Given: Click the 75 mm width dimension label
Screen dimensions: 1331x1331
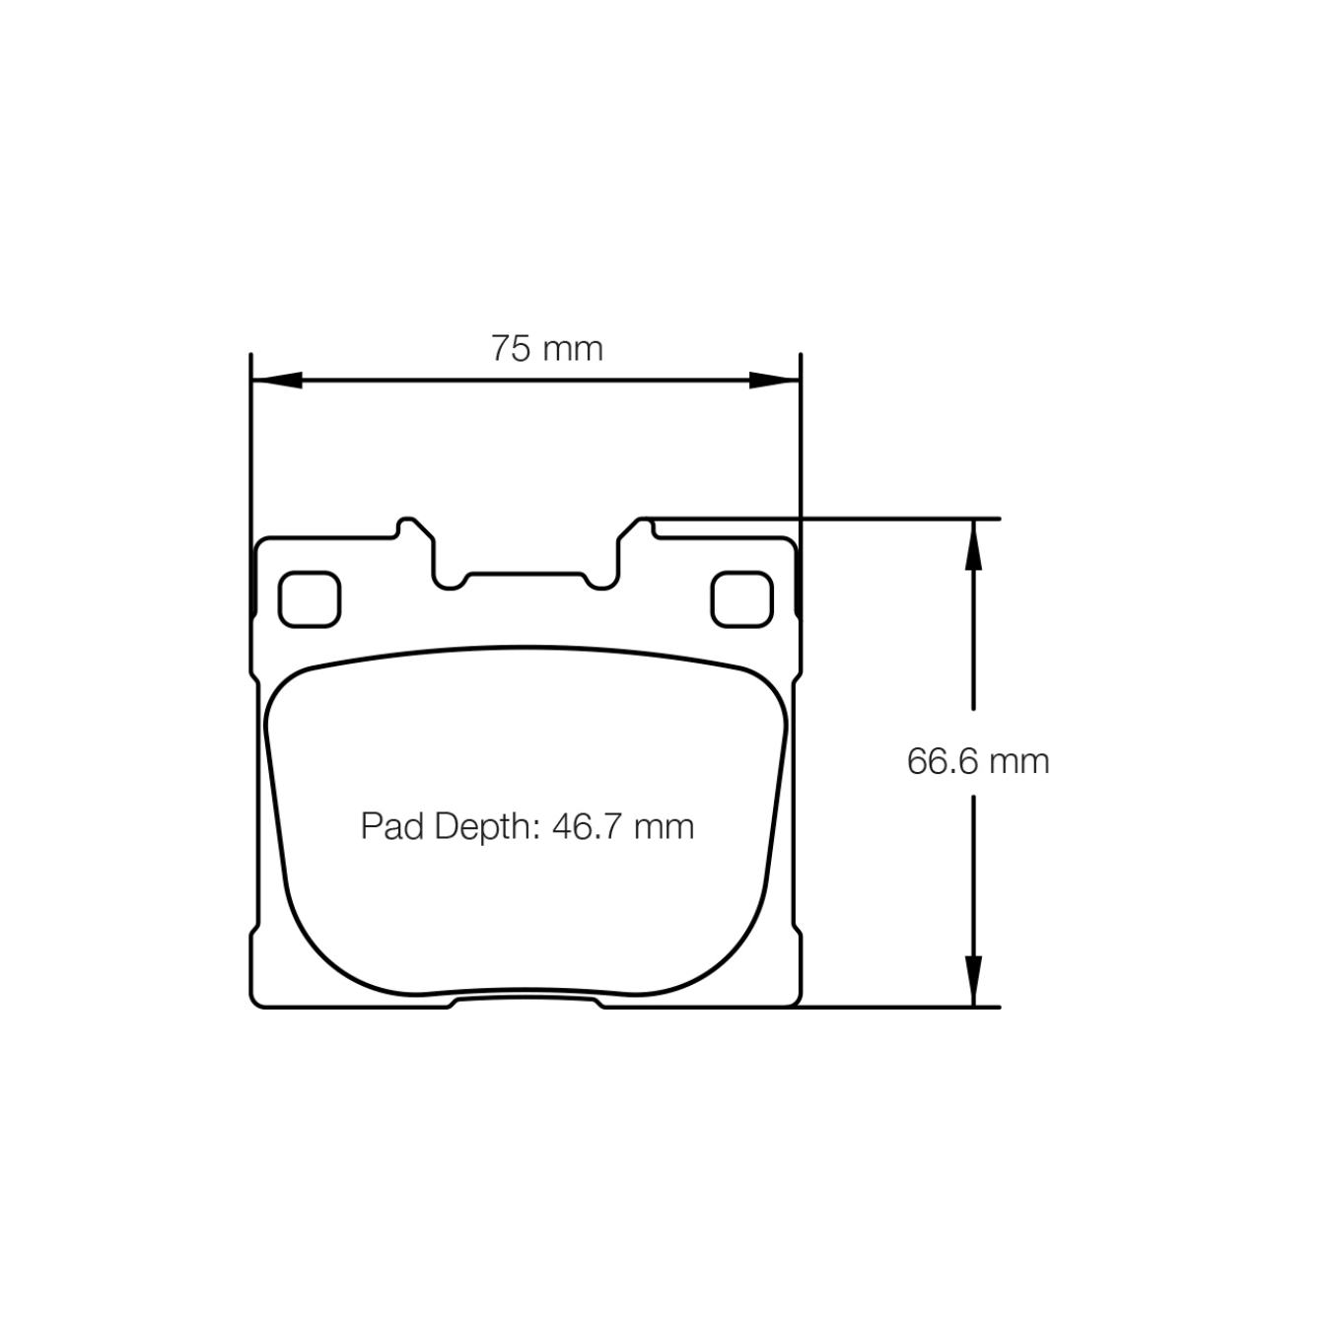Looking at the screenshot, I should click(546, 349).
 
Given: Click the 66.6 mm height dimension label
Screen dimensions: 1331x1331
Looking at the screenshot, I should click(977, 761).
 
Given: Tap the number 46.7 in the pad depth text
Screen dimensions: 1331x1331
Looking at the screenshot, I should click(587, 826).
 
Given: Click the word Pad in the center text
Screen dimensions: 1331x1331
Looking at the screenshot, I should click(391, 826).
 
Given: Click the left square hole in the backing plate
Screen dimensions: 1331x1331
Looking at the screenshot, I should click(310, 599).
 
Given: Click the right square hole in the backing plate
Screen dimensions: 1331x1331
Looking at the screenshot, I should click(741, 599).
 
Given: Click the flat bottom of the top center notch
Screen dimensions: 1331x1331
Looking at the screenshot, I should click(525, 574).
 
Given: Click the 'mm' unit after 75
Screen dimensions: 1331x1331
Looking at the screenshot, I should click(574, 349).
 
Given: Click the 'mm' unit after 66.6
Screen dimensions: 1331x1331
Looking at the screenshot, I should click(1019, 761).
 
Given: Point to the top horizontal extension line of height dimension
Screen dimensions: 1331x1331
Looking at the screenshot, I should click(887, 518).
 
